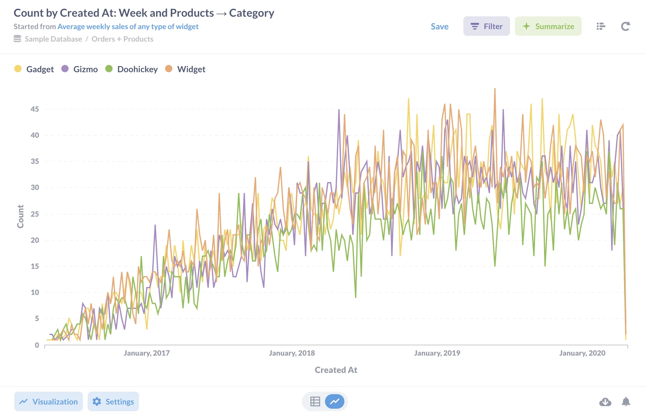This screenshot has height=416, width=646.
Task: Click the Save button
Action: click(x=439, y=26)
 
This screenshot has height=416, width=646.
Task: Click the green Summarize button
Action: click(x=548, y=26)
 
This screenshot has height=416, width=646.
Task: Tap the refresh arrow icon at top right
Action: click(x=625, y=26)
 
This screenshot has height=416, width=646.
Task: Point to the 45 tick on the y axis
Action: click(x=35, y=109)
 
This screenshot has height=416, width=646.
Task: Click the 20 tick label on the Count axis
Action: click(x=35, y=240)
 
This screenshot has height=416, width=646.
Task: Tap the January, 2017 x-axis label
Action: click(x=147, y=353)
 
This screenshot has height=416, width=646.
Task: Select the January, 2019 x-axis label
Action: click(x=437, y=353)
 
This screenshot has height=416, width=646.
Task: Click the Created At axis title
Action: click(x=336, y=370)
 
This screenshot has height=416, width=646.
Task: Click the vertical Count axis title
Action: click(x=20, y=216)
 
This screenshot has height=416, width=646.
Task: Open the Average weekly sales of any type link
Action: click(x=128, y=26)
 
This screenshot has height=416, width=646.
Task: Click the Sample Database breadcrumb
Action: click(x=53, y=39)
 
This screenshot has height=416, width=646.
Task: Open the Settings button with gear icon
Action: click(x=113, y=401)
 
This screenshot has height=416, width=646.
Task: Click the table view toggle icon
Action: click(x=315, y=401)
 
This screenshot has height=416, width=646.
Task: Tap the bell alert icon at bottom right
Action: click(x=626, y=401)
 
